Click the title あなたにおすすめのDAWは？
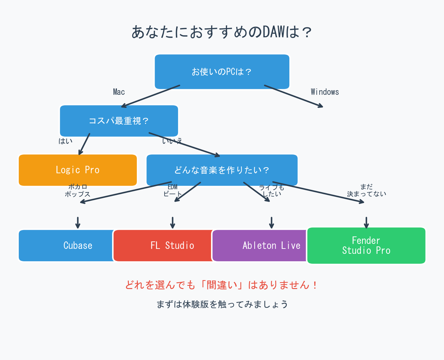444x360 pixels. tap(222, 32)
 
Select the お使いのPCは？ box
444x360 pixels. tap(222, 72)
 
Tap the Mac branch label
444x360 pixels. tap(119, 92)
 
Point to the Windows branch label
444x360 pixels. tap(324, 92)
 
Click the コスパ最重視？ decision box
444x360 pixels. tap(119, 121)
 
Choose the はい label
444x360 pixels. tap(66, 141)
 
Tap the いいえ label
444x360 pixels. tap(172, 141)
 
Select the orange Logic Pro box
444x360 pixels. tap(78, 170)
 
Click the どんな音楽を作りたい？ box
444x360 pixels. tap(222, 170)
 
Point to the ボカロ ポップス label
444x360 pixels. tap(78, 190)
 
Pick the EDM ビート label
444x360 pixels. tap(172, 190)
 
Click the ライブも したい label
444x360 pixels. tap(272, 190)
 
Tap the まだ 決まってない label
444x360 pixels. tap(366, 190)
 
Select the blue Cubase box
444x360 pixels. tap(67, 246)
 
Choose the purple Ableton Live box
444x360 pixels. tap(262, 246)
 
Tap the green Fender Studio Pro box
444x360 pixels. tap(366, 246)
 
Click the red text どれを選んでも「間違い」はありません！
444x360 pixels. tap(222, 285)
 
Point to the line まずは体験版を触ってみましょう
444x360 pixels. tap(222, 304)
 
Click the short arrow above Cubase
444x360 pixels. tap(78, 223)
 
